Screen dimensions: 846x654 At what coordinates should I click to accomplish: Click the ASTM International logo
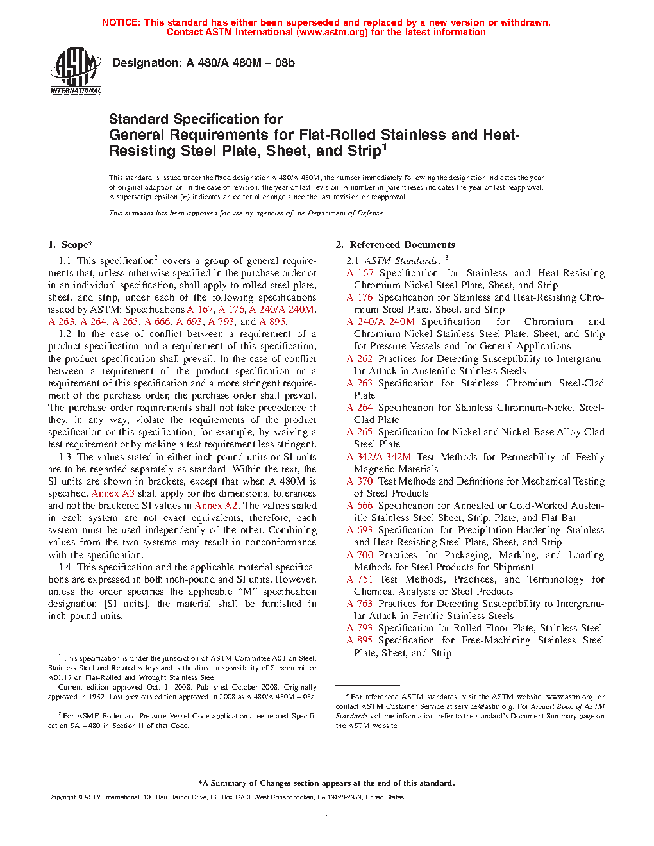pos(76,71)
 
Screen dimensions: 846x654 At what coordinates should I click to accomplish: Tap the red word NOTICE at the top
pos(121,22)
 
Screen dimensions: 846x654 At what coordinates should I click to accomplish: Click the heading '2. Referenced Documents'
pos(395,245)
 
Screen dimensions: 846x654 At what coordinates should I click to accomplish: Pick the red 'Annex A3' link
pos(113,493)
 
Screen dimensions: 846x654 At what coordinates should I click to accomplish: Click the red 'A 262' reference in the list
pos(360,359)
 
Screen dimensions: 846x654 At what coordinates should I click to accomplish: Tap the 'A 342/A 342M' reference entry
pos(379,457)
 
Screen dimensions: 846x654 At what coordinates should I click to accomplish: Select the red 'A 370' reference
pos(360,481)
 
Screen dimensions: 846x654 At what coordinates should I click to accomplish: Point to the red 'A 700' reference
pos(360,555)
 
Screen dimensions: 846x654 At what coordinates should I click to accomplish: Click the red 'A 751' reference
pos(360,579)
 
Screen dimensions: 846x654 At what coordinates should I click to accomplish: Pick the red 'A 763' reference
pos(360,604)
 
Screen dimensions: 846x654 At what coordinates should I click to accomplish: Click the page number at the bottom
pos(326,813)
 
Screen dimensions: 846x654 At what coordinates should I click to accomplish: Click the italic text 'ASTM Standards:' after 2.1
pos(403,261)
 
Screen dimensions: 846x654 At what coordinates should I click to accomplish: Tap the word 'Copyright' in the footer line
pos(62,797)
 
